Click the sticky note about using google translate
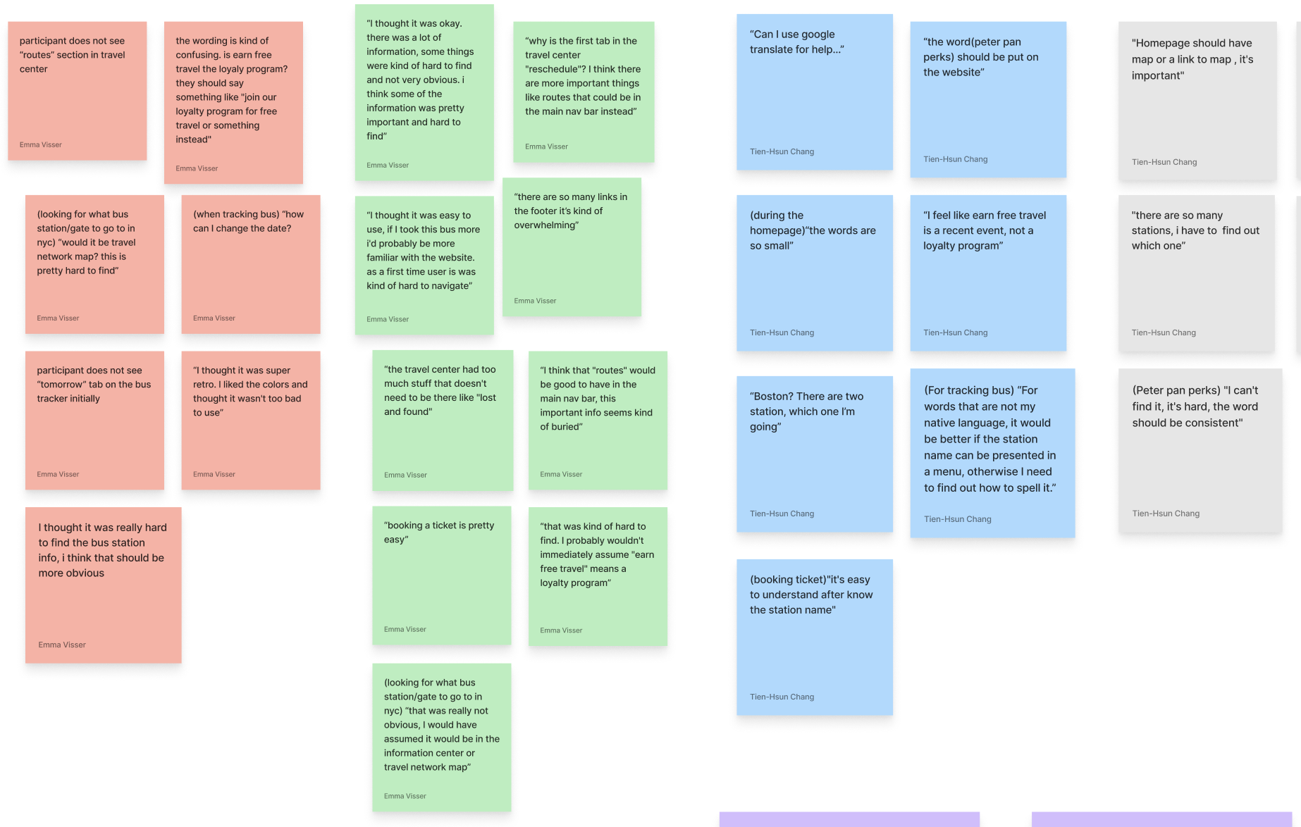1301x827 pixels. pyautogui.click(x=814, y=92)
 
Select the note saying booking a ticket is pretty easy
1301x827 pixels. pyautogui.click(x=441, y=575)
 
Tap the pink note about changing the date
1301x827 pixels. pyautogui.click(x=250, y=264)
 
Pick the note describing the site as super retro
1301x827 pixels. pyautogui.click(x=250, y=420)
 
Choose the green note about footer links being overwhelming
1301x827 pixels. pyautogui.click(x=572, y=247)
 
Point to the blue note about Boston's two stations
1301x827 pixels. pyautogui.click(x=814, y=454)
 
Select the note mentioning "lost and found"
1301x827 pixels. pyautogui.click(x=442, y=420)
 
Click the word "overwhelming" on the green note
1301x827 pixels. pyautogui.click(x=545, y=225)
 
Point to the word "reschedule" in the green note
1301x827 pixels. pyautogui.click(x=552, y=69)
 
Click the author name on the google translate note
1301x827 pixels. pyautogui.click(x=782, y=151)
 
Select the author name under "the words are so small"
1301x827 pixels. pyautogui.click(x=782, y=332)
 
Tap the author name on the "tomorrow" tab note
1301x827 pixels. pyautogui.click(x=58, y=474)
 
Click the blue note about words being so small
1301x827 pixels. pyautogui.click(x=814, y=273)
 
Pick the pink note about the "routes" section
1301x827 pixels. pyautogui.click(x=77, y=90)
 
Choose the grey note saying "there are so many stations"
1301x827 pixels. pyautogui.click(x=1196, y=273)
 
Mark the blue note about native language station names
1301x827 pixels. pyautogui.click(x=992, y=452)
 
